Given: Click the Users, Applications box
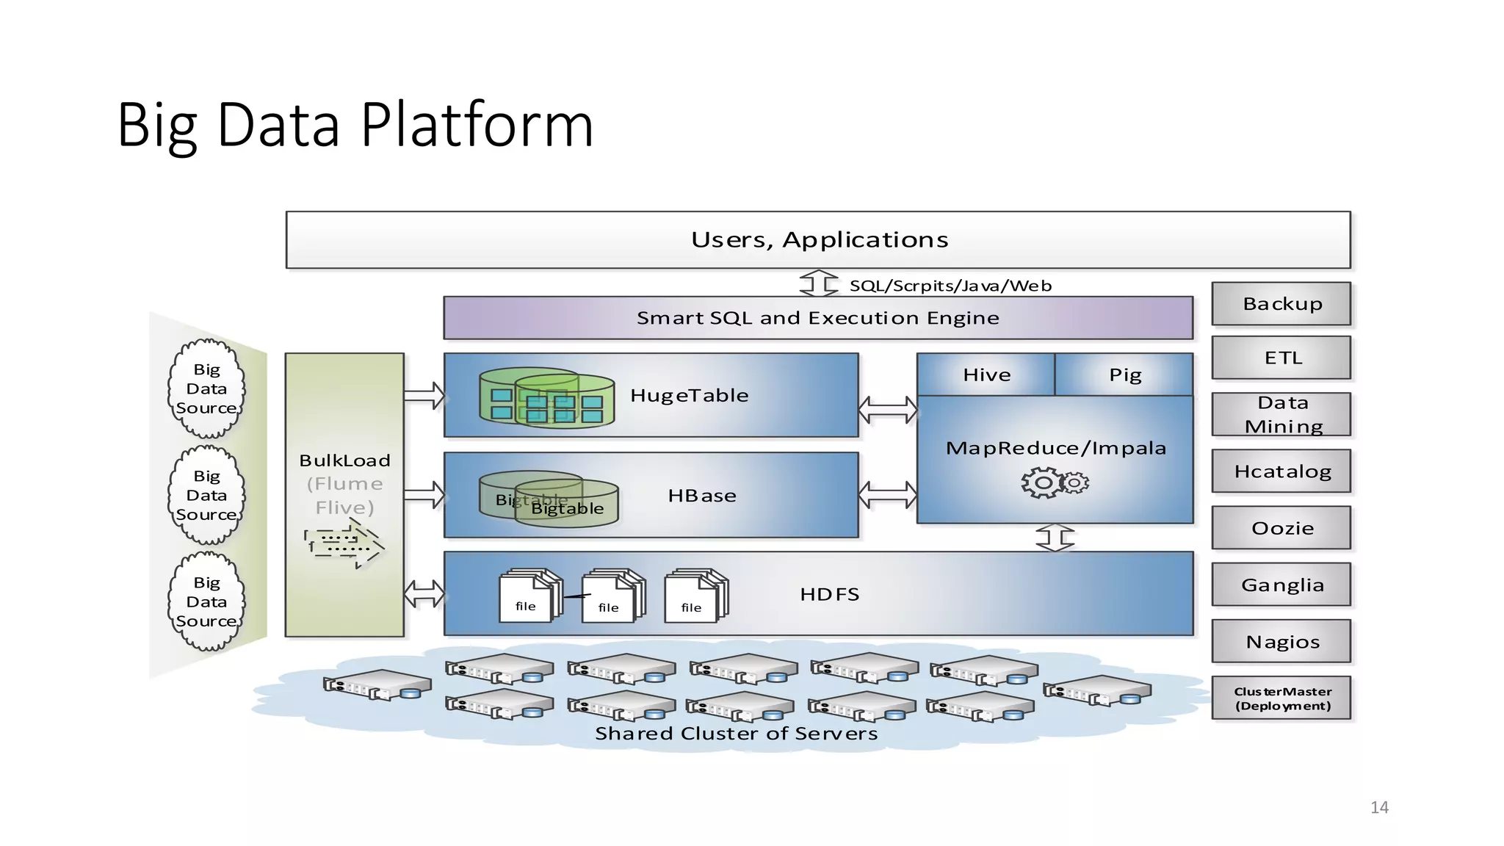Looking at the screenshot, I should (x=817, y=239).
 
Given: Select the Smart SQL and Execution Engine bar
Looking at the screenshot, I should (x=817, y=318).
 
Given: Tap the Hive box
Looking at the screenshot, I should (x=986, y=375).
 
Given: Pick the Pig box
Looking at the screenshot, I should (x=1124, y=375).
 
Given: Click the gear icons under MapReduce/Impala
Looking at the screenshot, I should (x=1055, y=482).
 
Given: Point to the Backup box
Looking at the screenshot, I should (x=1281, y=303).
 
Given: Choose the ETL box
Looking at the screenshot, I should (x=1281, y=358).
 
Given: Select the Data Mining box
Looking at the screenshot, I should (x=1281, y=414).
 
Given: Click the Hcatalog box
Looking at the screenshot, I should (x=1281, y=471).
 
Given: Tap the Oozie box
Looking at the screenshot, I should (x=1281, y=527).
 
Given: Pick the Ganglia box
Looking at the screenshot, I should (x=1281, y=585).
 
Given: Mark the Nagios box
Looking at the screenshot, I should (x=1281, y=641).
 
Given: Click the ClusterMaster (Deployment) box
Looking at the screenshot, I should (x=1281, y=698).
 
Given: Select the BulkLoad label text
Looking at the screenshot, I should (x=344, y=460).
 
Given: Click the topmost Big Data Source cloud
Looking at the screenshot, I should (x=206, y=388).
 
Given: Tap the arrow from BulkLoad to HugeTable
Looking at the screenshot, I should (x=424, y=396).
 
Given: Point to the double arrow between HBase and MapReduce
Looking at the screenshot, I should (x=887, y=494).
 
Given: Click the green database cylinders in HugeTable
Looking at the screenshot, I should (x=546, y=397).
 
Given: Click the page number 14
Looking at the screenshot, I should (x=1378, y=808).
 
